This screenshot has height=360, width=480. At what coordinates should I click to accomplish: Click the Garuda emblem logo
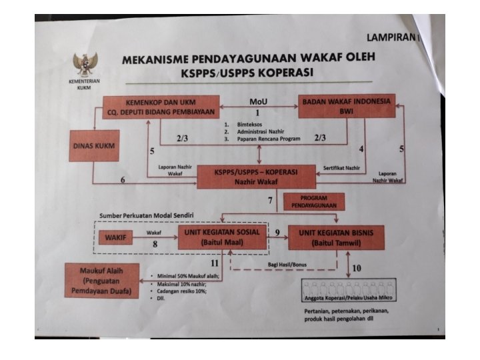point(85,65)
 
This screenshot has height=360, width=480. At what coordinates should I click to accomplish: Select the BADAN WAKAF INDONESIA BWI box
point(347,107)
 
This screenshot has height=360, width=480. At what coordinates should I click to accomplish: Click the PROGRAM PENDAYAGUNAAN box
point(314,201)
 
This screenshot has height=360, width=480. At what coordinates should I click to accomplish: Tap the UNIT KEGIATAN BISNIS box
point(335,237)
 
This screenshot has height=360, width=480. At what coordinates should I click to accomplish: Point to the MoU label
point(257,101)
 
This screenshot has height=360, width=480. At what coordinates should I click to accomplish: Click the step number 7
point(270,201)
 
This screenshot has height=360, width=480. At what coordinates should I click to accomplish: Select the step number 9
point(277,233)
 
